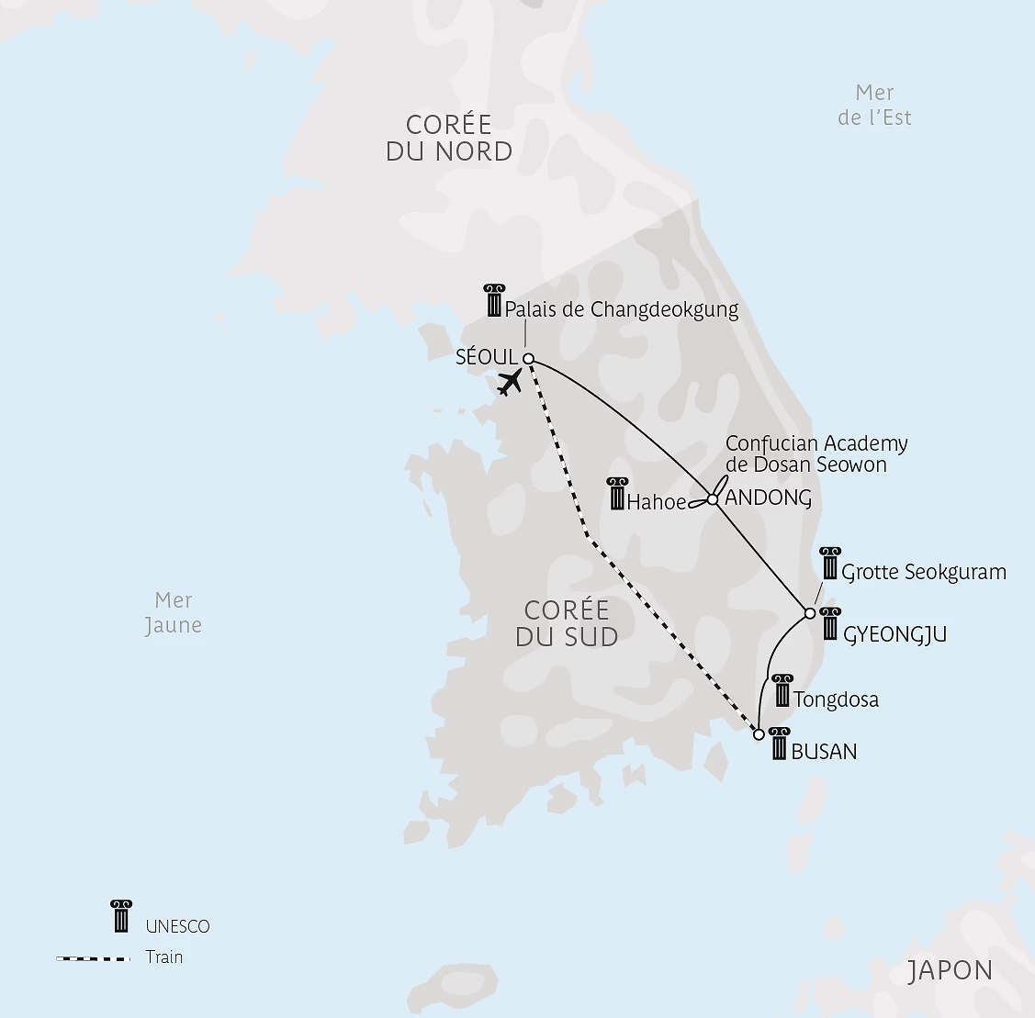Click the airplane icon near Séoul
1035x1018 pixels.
[510, 381]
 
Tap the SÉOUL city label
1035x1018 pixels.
[487, 357]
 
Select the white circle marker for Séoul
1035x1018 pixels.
[529, 359]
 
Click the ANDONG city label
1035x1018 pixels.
[769, 498]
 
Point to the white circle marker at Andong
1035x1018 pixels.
[713, 499]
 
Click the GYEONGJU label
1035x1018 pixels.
[894, 634]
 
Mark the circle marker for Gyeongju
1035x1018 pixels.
[810, 613]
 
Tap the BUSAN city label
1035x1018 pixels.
[824, 752]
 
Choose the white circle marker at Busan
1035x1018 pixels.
[759, 734]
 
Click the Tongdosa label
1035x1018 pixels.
[836, 699]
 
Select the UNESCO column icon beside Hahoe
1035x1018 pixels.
[617, 494]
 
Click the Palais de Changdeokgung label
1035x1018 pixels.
[622, 309]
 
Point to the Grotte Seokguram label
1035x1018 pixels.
[924, 572]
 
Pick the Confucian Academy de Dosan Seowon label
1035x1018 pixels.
[816, 453]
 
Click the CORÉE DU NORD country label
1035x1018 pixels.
[449, 138]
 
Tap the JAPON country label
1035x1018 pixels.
[951, 970]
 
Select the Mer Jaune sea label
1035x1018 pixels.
[174, 612]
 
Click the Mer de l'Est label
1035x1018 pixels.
[874, 105]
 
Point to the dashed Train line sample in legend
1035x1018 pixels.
[94, 958]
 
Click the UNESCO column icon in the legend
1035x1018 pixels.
[120, 916]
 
